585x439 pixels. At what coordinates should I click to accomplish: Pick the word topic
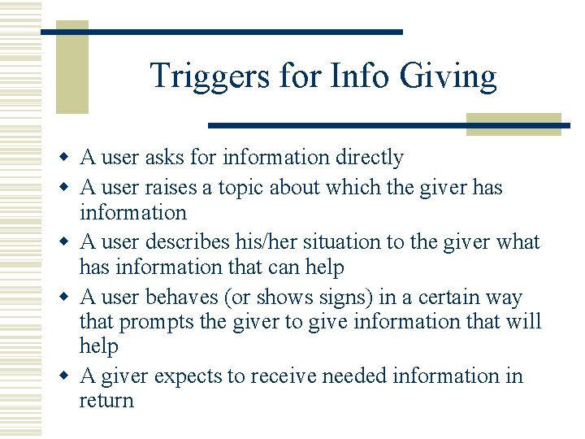(240, 188)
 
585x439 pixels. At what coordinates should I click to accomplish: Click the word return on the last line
(106, 400)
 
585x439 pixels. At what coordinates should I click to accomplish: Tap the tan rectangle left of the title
(71, 73)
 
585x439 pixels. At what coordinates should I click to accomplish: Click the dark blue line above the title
(221, 32)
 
